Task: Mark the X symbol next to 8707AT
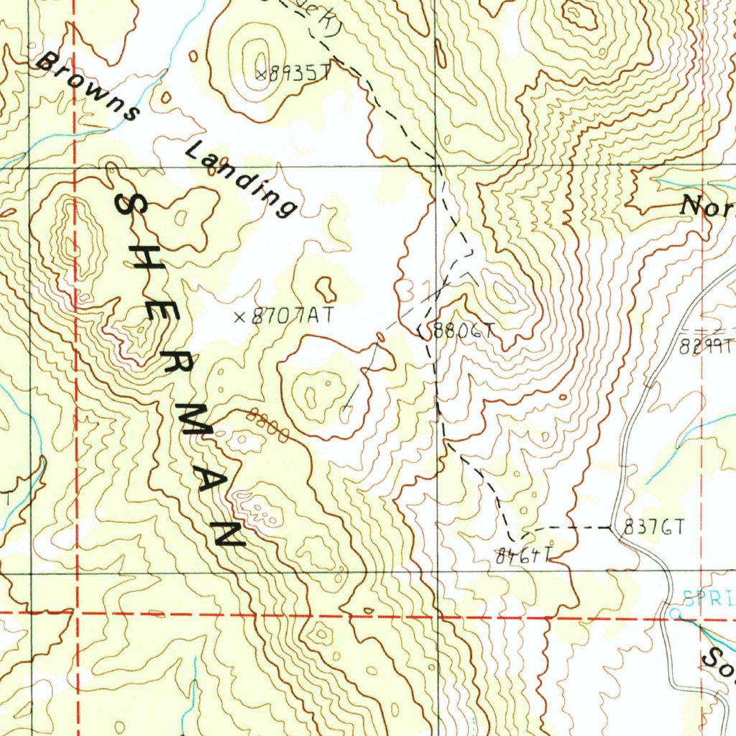pos(240,316)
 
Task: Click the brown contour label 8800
pos(267,425)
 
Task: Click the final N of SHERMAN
pos(229,533)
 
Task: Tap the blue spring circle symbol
pos(674,613)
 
